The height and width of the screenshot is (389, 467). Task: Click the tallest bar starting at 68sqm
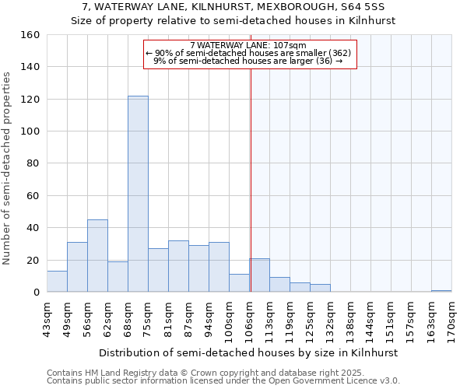tap(138, 194)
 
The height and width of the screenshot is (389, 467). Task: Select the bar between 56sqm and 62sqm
tap(97, 256)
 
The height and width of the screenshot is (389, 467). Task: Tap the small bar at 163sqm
tap(441, 291)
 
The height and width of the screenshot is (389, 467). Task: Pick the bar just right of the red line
tap(260, 275)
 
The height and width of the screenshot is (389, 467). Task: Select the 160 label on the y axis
tap(30, 35)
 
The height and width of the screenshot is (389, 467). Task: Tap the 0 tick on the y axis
tap(37, 293)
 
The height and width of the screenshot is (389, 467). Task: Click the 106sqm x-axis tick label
tap(249, 317)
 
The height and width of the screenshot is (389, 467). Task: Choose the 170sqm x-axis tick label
tap(451, 317)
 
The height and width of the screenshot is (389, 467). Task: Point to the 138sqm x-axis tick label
tap(350, 317)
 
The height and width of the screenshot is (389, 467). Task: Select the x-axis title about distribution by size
tap(248, 352)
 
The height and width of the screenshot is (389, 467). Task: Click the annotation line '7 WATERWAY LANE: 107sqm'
tap(248, 45)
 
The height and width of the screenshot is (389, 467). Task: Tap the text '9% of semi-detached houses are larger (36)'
tap(248, 61)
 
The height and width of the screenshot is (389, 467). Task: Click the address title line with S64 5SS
tap(233, 7)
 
